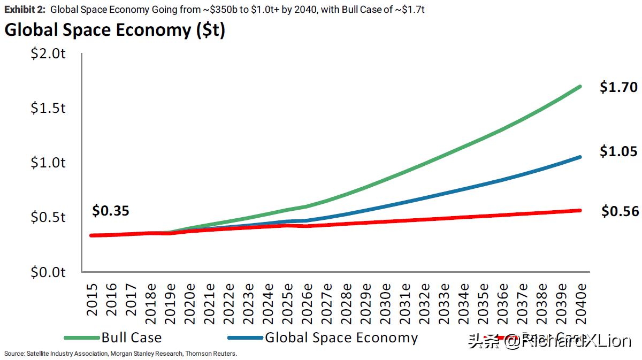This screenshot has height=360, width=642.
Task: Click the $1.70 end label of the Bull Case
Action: point(618,87)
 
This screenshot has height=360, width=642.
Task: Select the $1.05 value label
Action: point(618,152)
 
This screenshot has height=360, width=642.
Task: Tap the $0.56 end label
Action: point(620,212)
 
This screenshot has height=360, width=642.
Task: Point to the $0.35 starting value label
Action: point(111,211)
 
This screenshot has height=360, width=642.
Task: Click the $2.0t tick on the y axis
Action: point(49,54)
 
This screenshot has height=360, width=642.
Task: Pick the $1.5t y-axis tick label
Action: point(49,109)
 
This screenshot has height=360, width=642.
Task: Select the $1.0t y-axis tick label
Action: point(49,163)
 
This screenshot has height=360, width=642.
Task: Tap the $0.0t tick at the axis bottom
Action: point(49,272)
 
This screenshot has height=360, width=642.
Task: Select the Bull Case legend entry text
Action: point(131,338)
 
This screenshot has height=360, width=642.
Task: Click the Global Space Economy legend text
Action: point(341,338)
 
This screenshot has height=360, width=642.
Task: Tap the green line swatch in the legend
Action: point(81,338)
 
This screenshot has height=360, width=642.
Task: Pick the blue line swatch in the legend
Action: point(246,338)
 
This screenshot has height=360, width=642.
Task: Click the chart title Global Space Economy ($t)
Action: point(114,30)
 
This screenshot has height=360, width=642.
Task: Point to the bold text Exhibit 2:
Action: point(25,10)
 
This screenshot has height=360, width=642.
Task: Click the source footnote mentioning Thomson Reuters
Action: point(120,354)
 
